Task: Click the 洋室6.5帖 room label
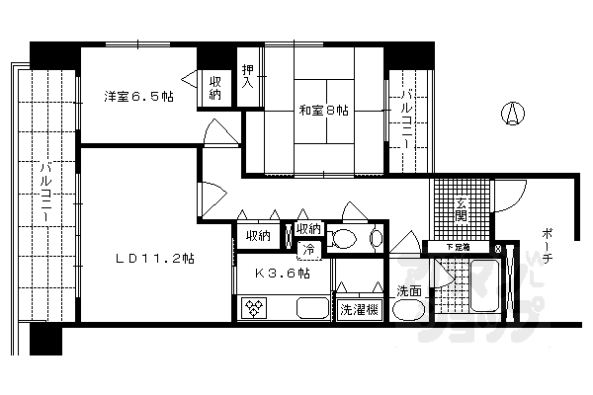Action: (x=134, y=97)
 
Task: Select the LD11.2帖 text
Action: (x=153, y=259)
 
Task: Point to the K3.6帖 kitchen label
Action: (x=283, y=274)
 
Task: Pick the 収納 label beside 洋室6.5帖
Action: (x=215, y=89)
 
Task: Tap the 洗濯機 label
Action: (x=357, y=310)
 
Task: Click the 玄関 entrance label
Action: (x=461, y=209)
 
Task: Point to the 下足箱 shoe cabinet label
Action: (x=458, y=247)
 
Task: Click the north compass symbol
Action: (x=512, y=115)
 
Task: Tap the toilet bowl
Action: (x=347, y=238)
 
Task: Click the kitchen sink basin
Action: (x=311, y=309)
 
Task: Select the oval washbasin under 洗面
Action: (x=407, y=312)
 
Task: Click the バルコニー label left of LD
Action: (x=45, y=194)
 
